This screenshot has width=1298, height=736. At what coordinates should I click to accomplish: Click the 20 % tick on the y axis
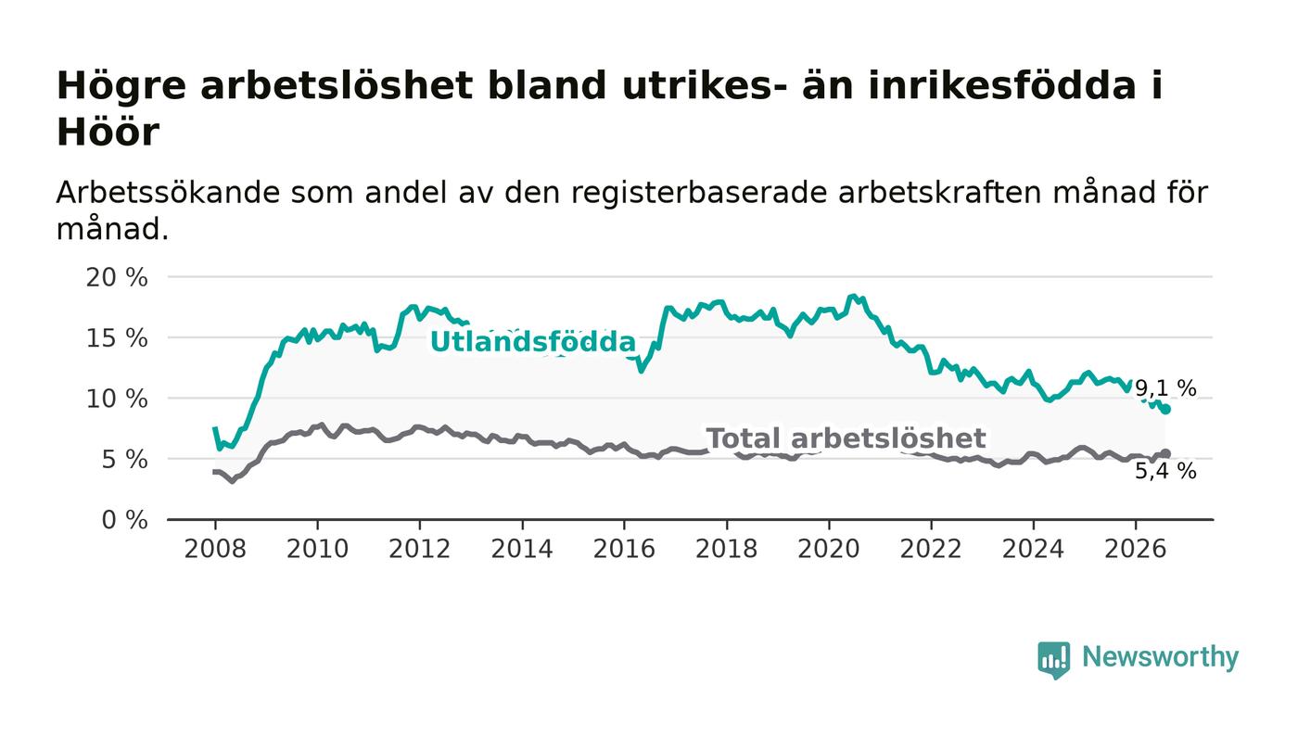[117, 277]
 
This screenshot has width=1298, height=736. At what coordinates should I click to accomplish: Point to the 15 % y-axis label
[117, 337]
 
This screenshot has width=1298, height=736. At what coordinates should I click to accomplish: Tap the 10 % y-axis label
[117, 399]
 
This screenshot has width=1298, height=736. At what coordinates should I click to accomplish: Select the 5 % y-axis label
[124, 460]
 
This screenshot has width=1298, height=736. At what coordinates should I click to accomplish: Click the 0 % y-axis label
[124, 520]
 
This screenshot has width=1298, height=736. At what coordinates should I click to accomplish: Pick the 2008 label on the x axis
[215, 549]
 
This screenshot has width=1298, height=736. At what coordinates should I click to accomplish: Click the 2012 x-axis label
[419, 549]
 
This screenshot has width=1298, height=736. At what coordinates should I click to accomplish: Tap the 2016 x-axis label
[624, 549]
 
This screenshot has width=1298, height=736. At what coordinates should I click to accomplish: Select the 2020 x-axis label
[829, 549]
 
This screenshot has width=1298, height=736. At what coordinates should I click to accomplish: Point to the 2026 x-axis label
[1135, 549]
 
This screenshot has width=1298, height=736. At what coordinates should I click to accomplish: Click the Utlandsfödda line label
[533, 342]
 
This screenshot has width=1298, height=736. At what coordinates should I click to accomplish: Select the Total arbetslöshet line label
[846, 438]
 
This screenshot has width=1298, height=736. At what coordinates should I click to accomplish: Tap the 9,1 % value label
[1165, 388]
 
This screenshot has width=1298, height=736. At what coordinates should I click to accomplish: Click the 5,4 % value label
[1165, 471]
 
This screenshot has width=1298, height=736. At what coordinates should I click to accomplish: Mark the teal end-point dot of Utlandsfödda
[1166, 409]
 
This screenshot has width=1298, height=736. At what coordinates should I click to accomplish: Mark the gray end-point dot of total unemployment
[1166, 454]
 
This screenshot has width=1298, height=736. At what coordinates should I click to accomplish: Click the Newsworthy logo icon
[1053, 660]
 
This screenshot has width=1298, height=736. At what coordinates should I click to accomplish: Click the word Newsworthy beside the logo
[1160, 657]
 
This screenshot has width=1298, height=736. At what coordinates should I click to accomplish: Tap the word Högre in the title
[121, 87]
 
